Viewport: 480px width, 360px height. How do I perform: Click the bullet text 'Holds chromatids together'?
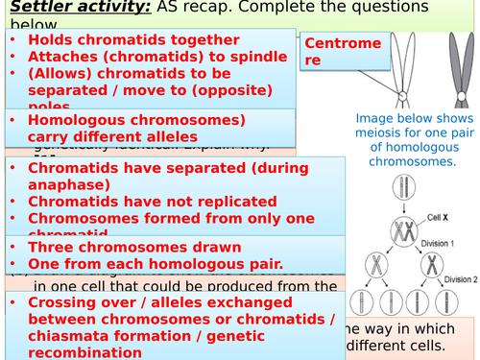(x=133, y=40)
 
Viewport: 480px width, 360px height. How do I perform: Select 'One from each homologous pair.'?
(x=155, y=263)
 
